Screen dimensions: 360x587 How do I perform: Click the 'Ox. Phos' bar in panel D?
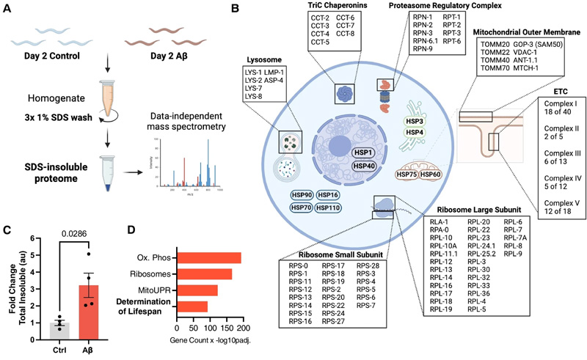209,257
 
